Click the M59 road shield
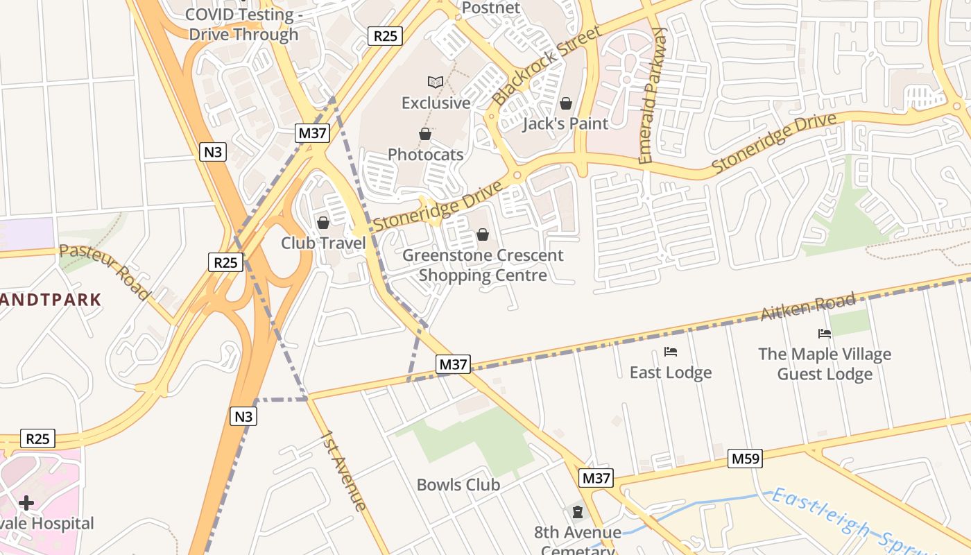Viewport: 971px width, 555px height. click(746, 458)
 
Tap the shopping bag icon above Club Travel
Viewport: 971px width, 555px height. click(323, 223)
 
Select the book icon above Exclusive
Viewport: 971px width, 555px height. click(436, 83)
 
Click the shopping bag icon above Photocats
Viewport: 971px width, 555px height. click(425, 134)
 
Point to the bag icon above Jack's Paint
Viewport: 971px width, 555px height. click(566, 103)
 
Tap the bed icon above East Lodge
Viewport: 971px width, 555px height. click(671, 352)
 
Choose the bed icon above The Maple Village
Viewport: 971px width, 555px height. click(825, 334)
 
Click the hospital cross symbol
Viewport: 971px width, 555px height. click(26, 502)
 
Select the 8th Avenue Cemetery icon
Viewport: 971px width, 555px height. click(577, 513)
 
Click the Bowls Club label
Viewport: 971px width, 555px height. click(458, 485)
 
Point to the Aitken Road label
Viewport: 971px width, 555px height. click(808, 307)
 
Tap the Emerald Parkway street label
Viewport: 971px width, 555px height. click(653, 96)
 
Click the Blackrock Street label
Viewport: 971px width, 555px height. click(547, 67)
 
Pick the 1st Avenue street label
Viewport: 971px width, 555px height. click(343, 470)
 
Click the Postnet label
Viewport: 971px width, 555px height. click(490, 8)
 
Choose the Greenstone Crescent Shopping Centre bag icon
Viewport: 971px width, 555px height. click(483, 235)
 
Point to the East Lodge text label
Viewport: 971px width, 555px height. click(671, 373)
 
